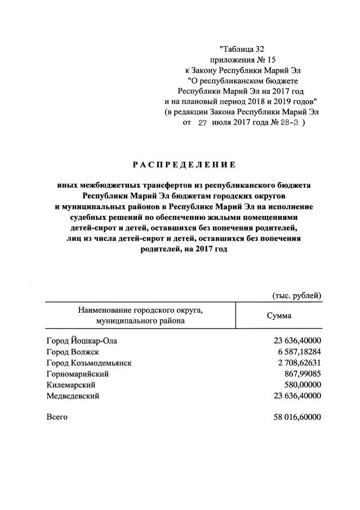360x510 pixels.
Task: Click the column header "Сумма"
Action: [x=279, y=316]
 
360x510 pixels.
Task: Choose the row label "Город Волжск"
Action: [x=71, y=352]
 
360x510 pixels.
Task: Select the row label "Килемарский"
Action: [x=70, y=385]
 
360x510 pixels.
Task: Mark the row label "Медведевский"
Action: [x=73, y=396]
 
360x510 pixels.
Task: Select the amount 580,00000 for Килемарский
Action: [x=301, y=385]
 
